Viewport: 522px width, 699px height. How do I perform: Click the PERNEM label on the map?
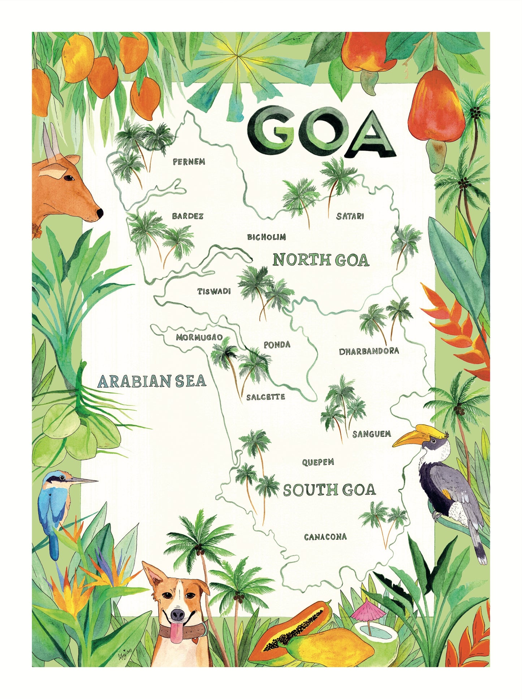click(x=189, y=161)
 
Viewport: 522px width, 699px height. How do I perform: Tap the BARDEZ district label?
click(x=187, y=216)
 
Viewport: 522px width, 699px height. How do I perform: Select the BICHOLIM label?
click(x=266, y=237)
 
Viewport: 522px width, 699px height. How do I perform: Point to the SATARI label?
click(x=350, y=216)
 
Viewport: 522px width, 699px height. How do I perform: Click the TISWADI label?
click(x=214, y=291)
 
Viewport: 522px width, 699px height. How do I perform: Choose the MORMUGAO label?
click(x=199, y=338)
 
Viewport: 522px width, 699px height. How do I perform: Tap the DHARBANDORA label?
click(x=368, y=351)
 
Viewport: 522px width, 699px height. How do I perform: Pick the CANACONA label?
click(x=325, y=537)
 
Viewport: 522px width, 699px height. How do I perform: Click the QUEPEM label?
click(x=318, y=462)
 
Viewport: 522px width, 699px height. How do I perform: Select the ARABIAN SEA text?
click(x=152, y=381)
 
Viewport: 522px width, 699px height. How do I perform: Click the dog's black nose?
click(x=178, y=613)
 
